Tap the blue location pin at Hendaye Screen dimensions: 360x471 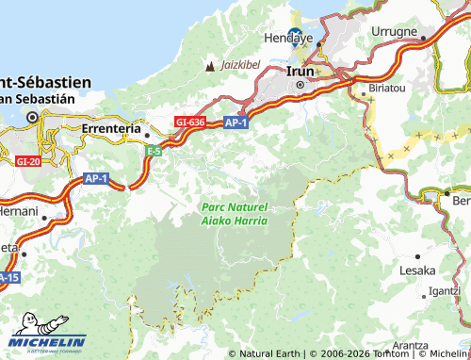[295, 37]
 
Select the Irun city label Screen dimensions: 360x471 [300, 71]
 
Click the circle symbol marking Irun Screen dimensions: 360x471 [300, 85]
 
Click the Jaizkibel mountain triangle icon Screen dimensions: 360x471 [209, 67]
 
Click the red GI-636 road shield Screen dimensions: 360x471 [189, 122]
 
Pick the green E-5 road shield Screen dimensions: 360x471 [154, 149]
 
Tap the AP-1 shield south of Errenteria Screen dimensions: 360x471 [96, 177]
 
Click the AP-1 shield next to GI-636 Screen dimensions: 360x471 [235, 122]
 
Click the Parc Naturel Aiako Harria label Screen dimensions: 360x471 [235, 213]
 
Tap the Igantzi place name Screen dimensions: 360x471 [444, 291]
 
